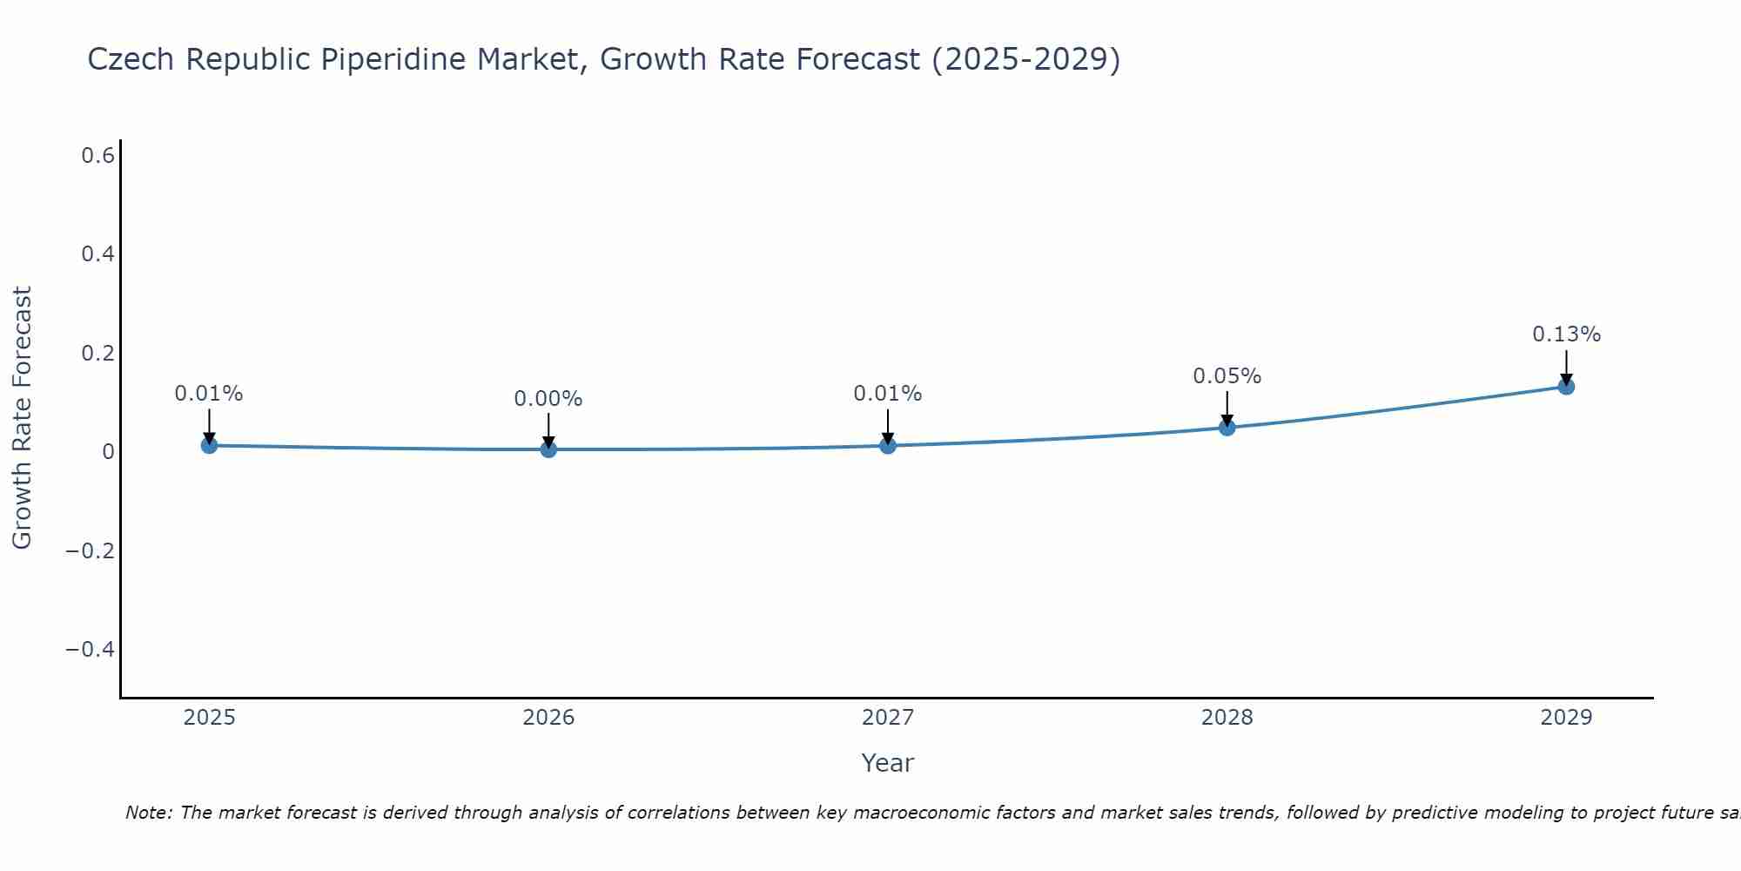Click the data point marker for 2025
209,445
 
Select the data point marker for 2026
548,449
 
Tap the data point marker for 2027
888,445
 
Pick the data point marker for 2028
1227,427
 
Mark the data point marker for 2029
1566,386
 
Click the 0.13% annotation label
1566,334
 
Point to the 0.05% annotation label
1227,376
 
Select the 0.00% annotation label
548,399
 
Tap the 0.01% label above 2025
209,394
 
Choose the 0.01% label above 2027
888,394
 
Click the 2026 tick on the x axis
548,718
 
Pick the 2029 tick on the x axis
1566,718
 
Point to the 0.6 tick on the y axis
98,156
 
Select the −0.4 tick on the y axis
91,650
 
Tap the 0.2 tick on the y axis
98,354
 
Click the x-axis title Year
887,763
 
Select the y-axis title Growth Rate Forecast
22,418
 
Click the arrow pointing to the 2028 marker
1227,408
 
